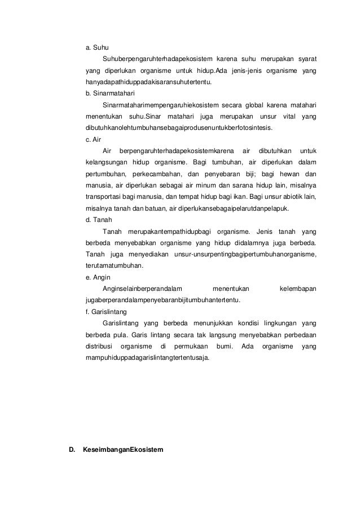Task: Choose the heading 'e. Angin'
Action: pos(98,277)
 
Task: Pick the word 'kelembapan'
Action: pos(297,289)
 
